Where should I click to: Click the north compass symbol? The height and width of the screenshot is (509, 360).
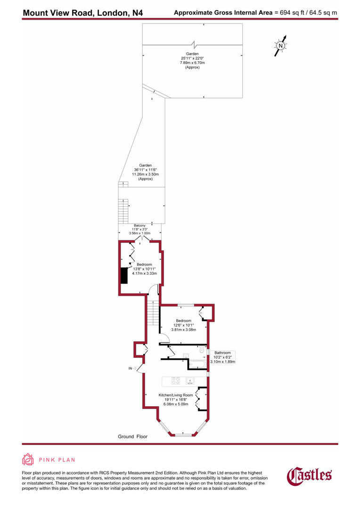point(280,46)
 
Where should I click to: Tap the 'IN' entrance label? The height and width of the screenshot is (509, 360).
point(131,368)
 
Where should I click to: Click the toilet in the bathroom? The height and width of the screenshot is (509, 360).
point(202,351)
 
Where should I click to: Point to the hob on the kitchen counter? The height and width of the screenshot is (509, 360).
point(175,380)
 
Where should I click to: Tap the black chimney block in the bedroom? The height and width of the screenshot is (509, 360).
point(124,275)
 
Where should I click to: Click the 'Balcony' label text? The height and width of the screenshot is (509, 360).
point(139,225)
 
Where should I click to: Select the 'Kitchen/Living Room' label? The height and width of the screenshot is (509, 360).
point(175,394)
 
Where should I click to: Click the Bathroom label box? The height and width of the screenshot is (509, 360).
point(223,357)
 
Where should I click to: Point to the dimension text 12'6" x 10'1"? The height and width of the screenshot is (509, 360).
point(183,325)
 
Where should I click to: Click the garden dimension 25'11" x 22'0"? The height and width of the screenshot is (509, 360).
point(192,58)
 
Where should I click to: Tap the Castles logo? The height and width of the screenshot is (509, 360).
point(310,476)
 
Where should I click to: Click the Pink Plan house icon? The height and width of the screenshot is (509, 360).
point(28,460)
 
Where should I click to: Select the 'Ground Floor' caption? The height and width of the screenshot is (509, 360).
point(132,437)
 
